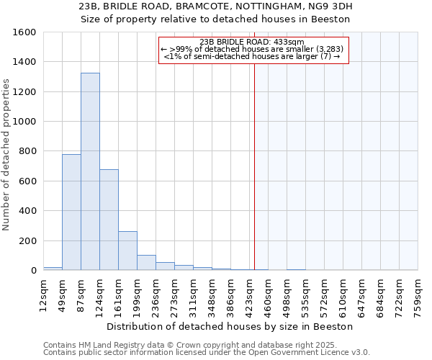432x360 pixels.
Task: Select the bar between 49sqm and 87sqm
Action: (x=71, y=212)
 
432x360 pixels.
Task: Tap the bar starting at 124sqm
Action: (x=109, y=220)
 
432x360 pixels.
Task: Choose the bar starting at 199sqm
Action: (x=146, y=263)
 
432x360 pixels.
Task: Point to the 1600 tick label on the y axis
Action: (x=24, y=32)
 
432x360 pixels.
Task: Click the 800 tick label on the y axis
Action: (x=27, y=151)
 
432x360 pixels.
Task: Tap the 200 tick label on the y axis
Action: (x=27, y=240)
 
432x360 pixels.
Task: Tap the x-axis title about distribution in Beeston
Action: (x=234, y=326)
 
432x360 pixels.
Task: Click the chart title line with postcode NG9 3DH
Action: (x=215, y=6)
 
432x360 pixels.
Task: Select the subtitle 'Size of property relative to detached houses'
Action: (x=215, y=19)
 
